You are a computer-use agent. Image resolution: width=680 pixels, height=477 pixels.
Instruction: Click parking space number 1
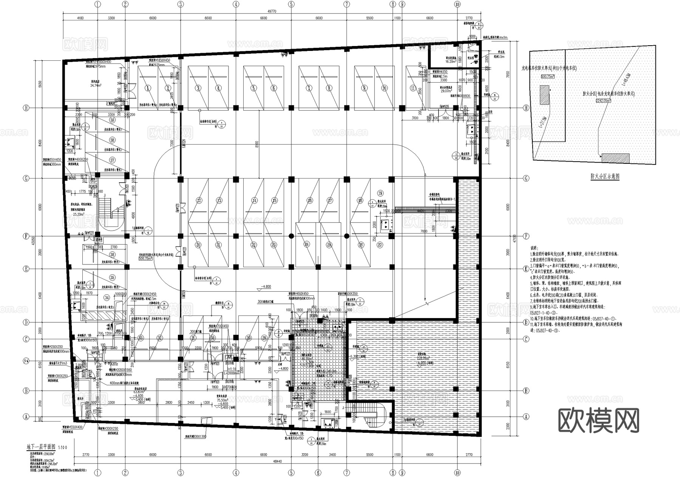[148, 88]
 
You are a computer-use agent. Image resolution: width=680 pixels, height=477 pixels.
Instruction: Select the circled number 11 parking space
[413, 88]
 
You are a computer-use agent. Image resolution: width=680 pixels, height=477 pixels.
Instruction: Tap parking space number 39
[112, 120]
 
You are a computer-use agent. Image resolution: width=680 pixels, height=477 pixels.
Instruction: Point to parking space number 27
[380, 245]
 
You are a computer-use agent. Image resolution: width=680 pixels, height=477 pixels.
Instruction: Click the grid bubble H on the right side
[526, 108]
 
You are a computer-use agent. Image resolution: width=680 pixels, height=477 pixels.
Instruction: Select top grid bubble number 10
[457, 5]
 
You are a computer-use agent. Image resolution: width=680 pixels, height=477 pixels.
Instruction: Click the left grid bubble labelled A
[26, 417]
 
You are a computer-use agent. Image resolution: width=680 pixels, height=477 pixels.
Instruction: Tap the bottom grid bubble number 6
[318, 472]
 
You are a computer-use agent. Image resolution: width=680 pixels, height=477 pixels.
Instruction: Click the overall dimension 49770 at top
[272, 12]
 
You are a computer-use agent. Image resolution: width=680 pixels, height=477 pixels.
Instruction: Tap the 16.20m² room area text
[451, 61]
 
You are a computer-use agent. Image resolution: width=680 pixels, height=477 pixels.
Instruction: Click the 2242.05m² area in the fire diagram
[604, 101]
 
